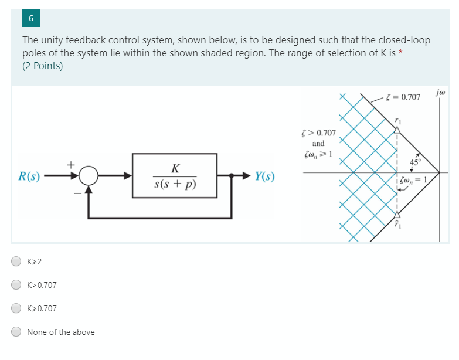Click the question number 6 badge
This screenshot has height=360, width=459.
[x=31, y=18]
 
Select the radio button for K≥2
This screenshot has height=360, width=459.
[x=18, y=261]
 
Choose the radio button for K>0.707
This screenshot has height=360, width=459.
[x=18, y=285]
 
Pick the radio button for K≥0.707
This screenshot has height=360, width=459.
[x=18, y=308]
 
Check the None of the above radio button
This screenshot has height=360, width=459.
[x=18, y=332]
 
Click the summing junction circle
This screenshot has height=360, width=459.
[x=89, y=175]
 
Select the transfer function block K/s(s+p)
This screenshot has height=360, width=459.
[x=175, y=175]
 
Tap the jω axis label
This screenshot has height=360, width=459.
[x=440, y=93]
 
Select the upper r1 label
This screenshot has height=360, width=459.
[x=398, y=120]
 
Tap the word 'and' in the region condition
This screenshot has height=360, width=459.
[x=318, y=143]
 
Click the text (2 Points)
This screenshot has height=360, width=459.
[x=42, y=66]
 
